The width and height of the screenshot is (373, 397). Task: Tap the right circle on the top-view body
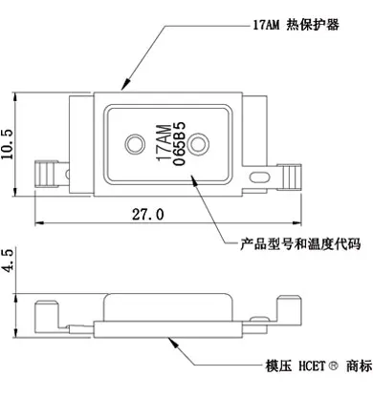coord(199,143)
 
